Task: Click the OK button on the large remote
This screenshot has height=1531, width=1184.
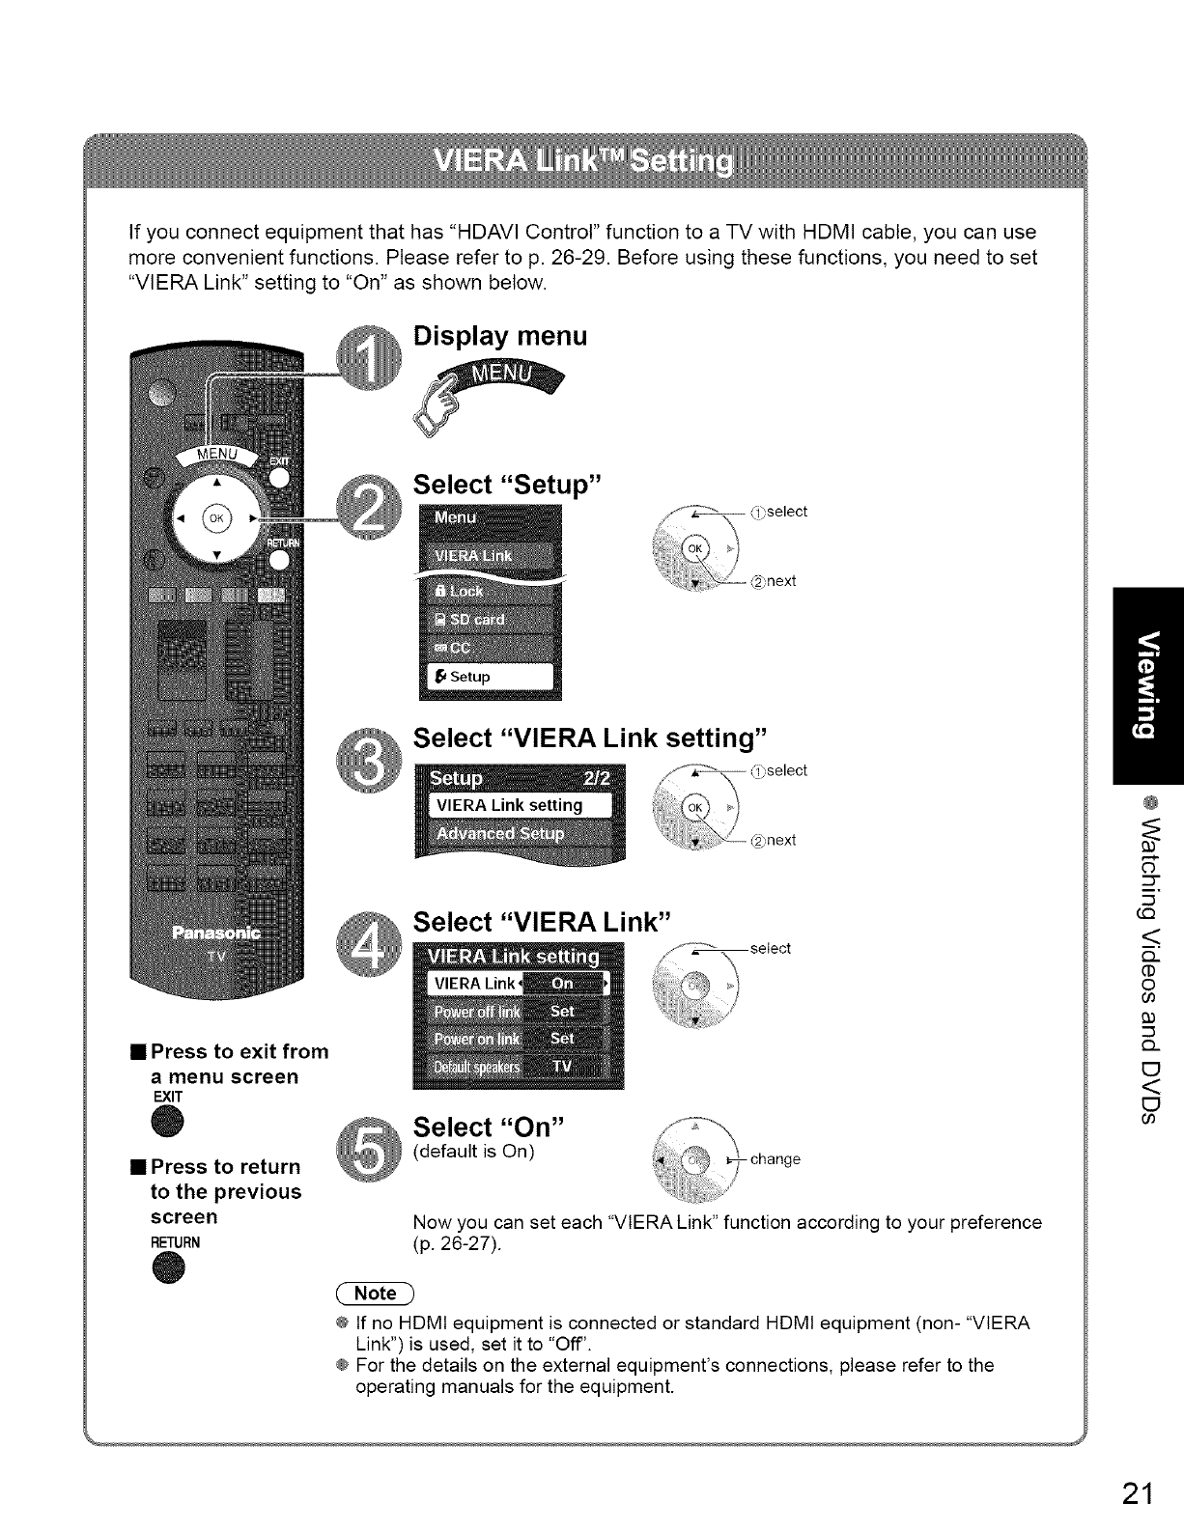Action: [216, 515]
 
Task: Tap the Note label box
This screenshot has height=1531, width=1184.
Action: [375, 1293]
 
